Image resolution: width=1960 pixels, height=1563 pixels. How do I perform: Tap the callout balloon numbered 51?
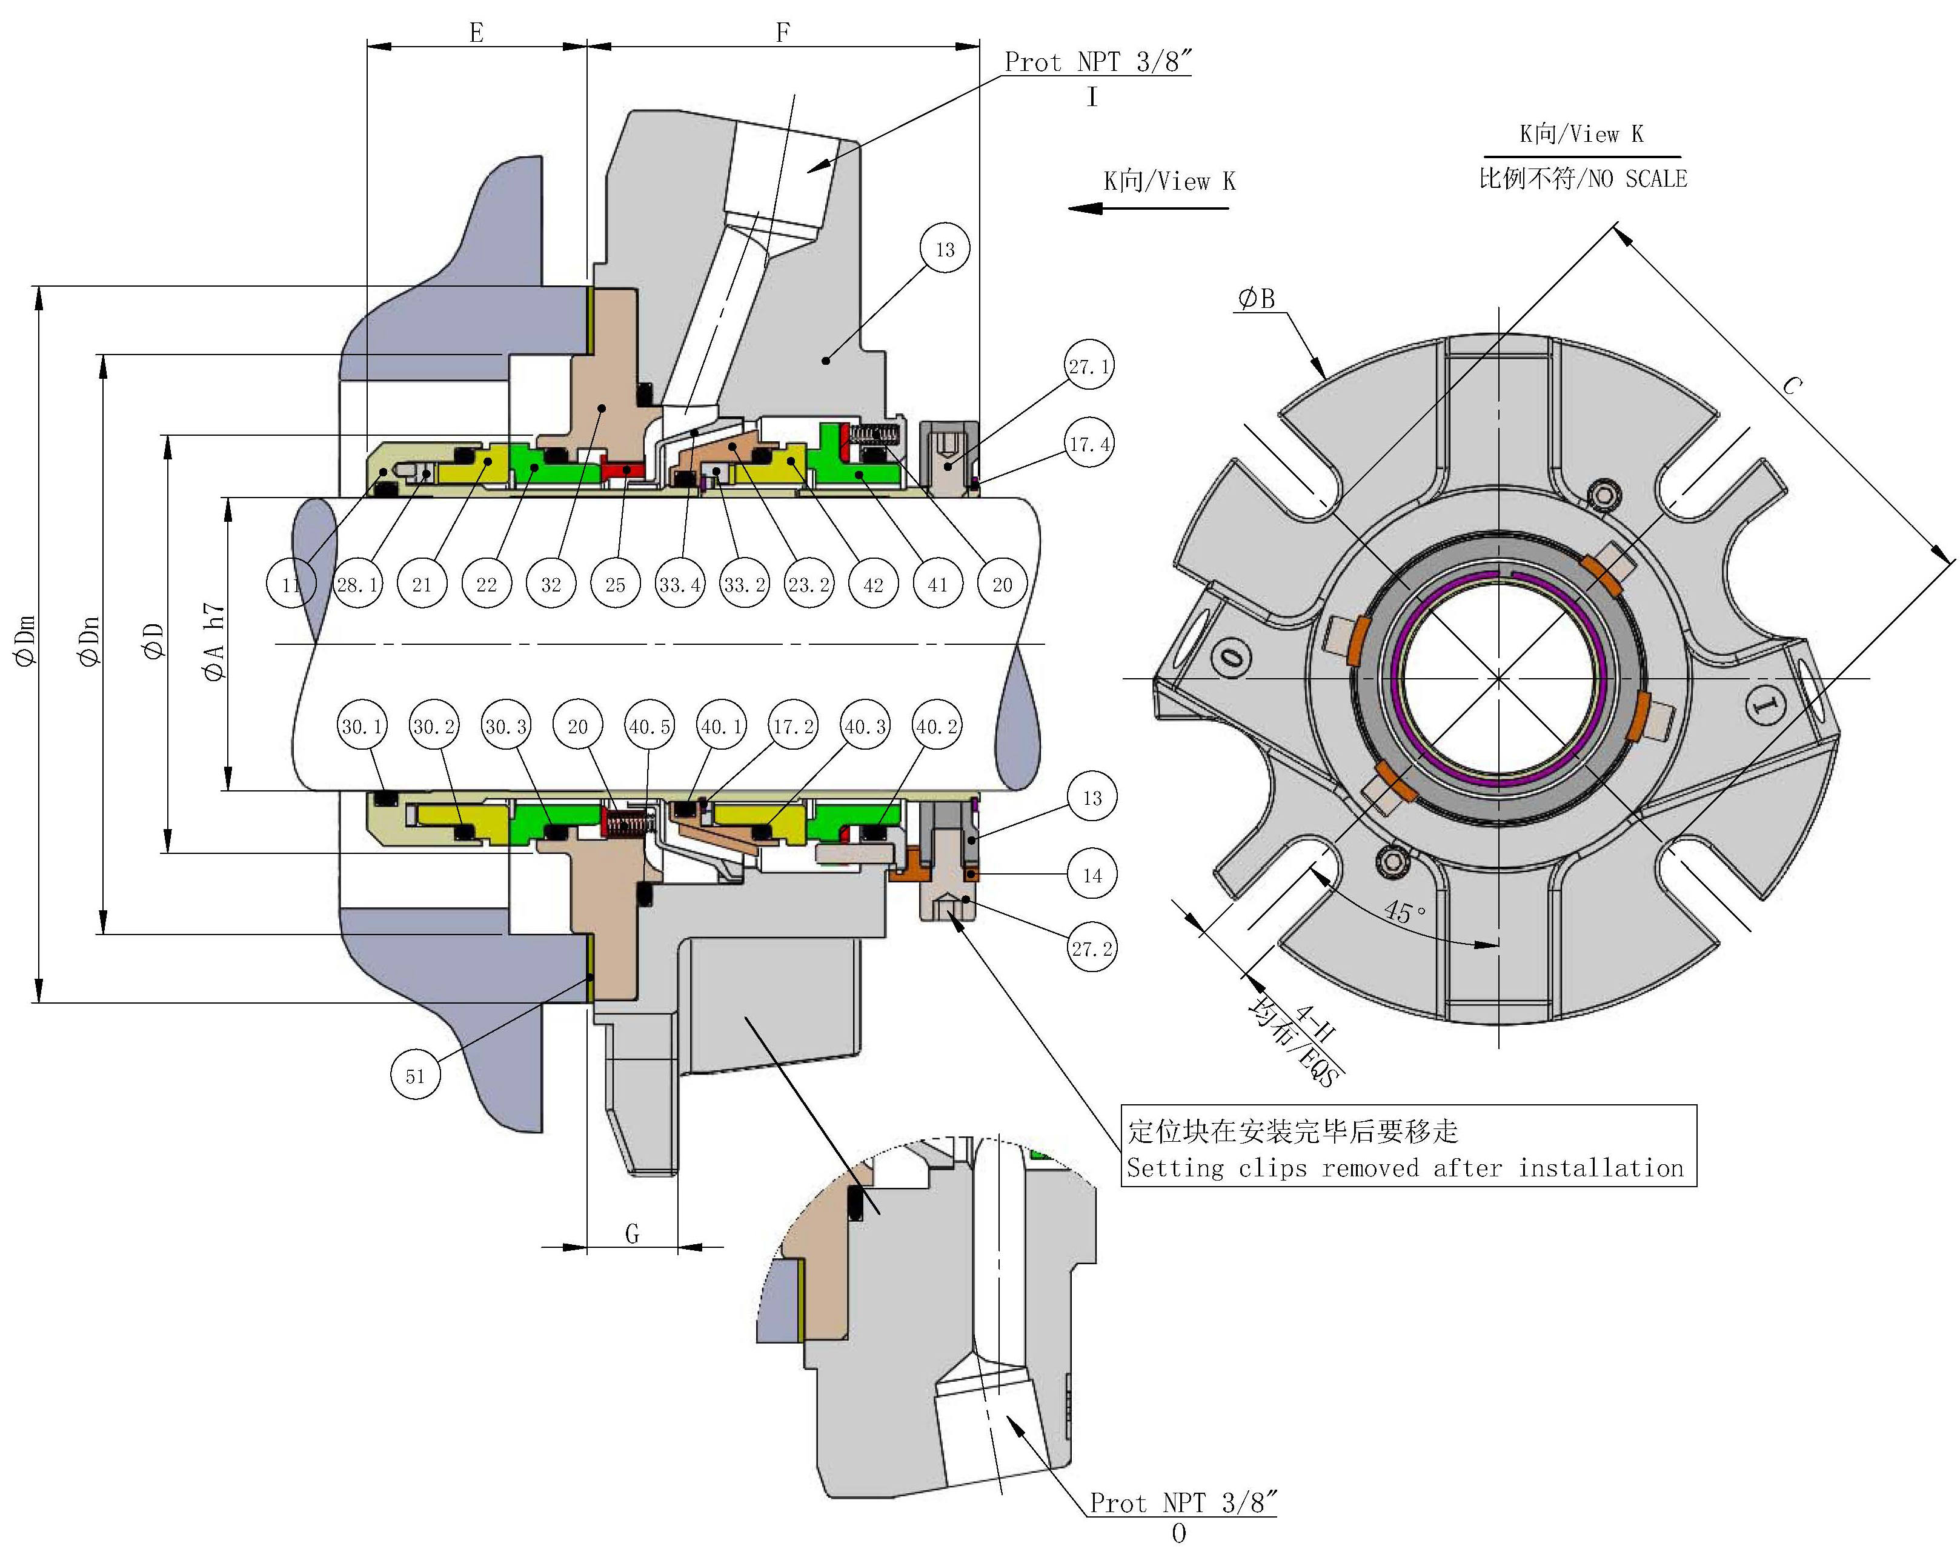pyautogui.click(x=416, y=1076)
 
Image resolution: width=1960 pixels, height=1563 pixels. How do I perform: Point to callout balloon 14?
pyautogui.click(x=1092, y=876)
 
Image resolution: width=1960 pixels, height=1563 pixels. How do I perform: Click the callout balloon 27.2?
pyautogui.click(x=1092, y=949)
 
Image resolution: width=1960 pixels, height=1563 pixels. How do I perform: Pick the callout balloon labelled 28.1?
pyautogui.click(x=358, y=585)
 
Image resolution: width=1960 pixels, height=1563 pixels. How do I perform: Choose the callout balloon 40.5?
pyautogui.click(x=650, y=727)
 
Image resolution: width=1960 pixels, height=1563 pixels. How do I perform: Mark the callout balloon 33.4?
pyautogui.click(x=680, y=585)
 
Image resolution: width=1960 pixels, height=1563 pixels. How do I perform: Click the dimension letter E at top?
pyautogui.click(x=476, y=33)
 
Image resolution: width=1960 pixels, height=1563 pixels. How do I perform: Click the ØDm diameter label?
pyautogui.click(x=25, y=641)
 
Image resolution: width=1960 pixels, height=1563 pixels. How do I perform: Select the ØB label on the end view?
pyautogui.click(x=1257, y=298)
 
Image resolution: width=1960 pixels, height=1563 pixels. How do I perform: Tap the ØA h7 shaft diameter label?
pyautogui.click(x=214, y=641)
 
